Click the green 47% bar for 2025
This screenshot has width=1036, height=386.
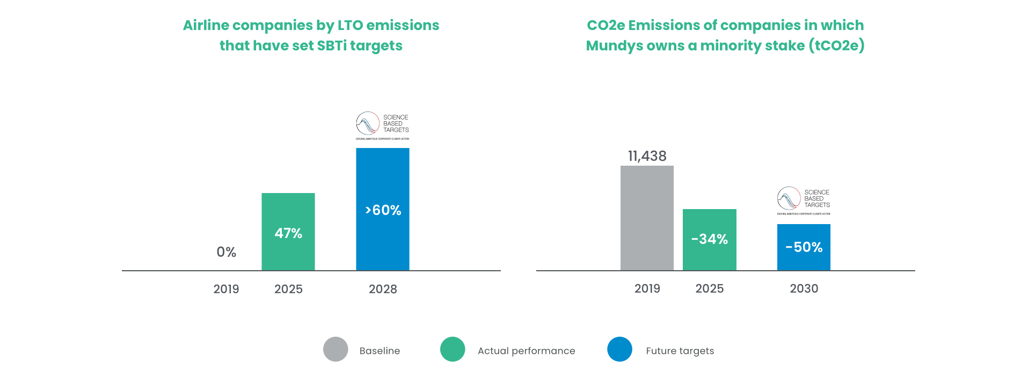tap(288, 232)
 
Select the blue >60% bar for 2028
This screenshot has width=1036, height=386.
tap(383, 209)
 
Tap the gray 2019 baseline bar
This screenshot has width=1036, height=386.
tap(647, 218)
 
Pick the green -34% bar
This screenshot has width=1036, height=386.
tap(710, 239)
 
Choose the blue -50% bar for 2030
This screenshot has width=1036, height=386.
tap(804, 247)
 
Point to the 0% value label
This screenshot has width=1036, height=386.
tap(226, 252)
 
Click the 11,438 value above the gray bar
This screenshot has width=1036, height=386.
tap(647, 156)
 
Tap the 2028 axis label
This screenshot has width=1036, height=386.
tap(383, 289)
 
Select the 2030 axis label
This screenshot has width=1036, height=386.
tap(804, 288)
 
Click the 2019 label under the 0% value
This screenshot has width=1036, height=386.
tap(226, 289)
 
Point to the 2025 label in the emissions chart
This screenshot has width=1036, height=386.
tap(710, 288)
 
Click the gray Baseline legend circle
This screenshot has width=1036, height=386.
tap(335, 350)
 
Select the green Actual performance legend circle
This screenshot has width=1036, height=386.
tap(453, 350)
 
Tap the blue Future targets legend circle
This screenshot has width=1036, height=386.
tap(619, 350)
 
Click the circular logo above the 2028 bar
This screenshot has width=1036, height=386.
tap(369, 123)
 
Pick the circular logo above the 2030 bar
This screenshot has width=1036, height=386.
tap(790, 198)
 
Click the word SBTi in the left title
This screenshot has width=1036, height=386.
tap(332, 46)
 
